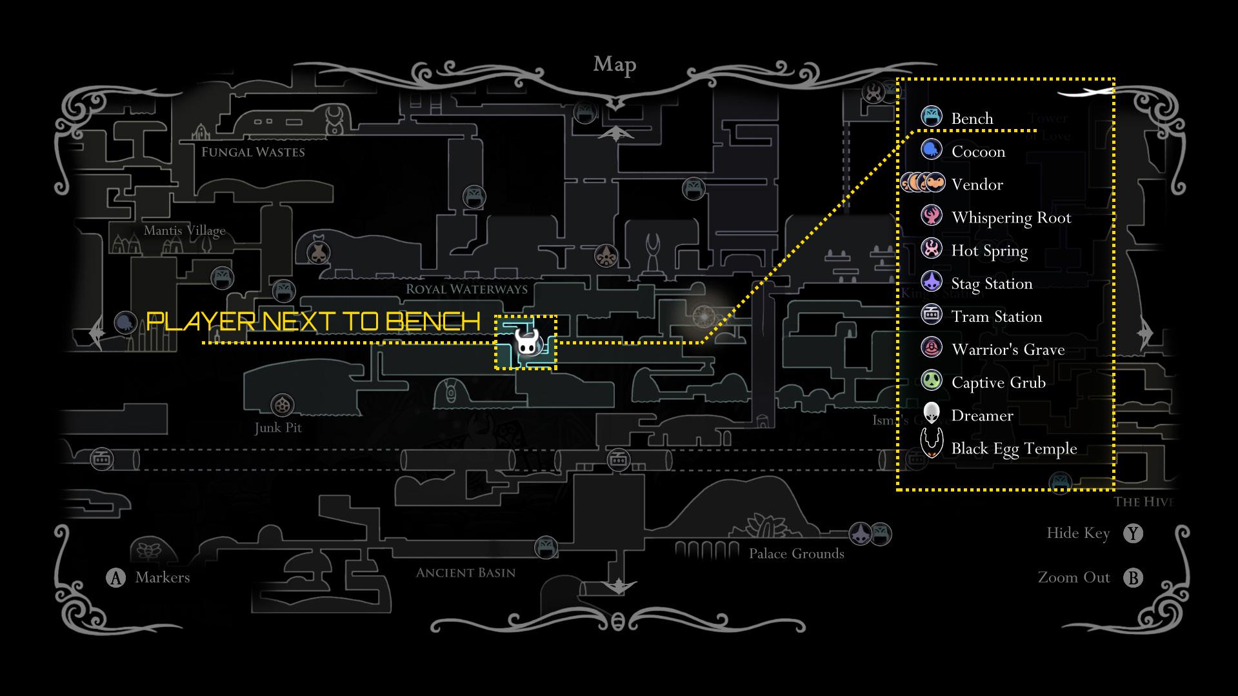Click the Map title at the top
614,65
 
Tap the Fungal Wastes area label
253,152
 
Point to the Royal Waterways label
466,289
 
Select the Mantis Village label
185,230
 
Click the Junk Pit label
278,428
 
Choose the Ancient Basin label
465,573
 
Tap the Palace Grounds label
796,553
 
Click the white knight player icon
526,342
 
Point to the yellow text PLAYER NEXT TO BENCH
314,321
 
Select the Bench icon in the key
932,117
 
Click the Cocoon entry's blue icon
932,150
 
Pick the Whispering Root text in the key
1011,218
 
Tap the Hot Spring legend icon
932,248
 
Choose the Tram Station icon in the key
932,315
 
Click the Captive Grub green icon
932,381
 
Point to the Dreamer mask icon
932,413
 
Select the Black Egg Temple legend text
1013,448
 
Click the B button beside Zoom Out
1133,577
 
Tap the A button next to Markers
115,577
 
